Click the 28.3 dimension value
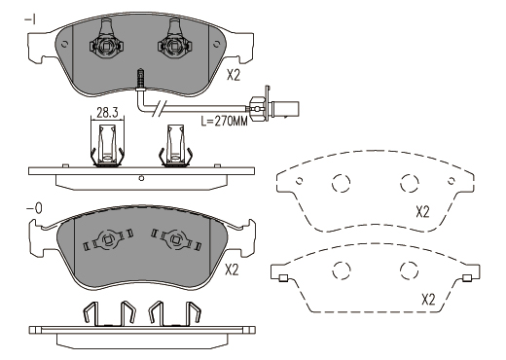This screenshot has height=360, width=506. tap(107, 113)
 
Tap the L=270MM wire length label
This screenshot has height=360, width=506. tap(224, 122)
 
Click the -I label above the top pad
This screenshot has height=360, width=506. tap(30, 20)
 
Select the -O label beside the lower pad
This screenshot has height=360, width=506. tap(34, 208)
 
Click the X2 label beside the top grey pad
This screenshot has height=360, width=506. tap(234, 76)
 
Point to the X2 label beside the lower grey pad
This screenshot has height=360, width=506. tap(232, 270)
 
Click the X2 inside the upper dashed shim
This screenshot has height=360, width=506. tap(422, 212)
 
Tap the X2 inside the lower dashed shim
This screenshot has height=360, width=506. tap(428, 300)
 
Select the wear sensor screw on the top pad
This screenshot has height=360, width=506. tap(141, 78)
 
